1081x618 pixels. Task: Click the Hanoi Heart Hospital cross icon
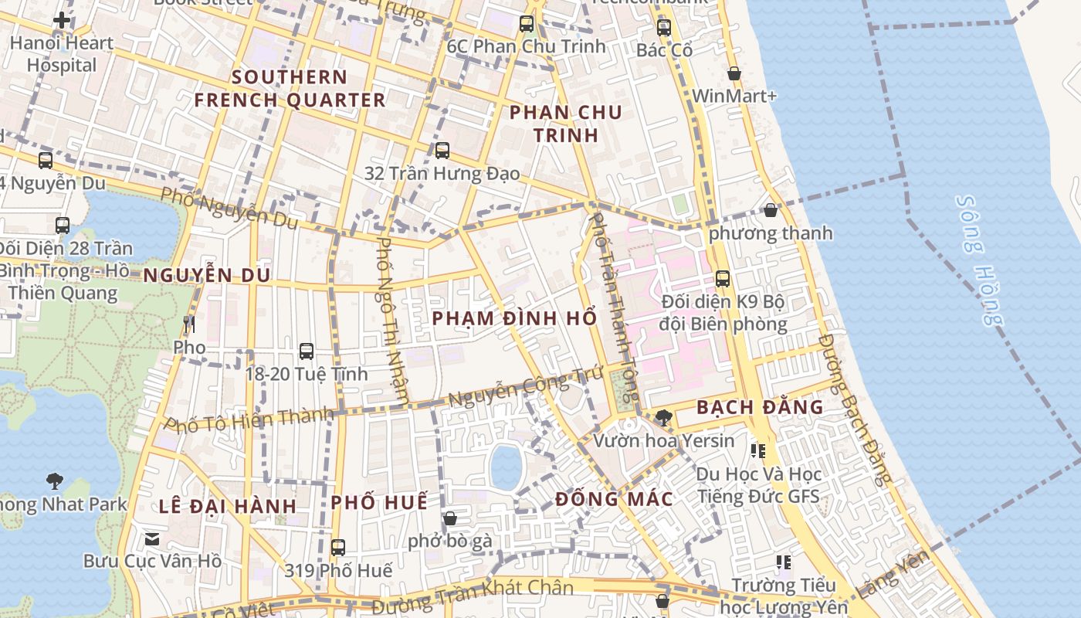[62, 20]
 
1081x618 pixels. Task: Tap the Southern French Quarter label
[290, 89]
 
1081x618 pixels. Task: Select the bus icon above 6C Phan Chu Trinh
[527, 24]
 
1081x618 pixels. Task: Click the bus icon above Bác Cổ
[664, 28]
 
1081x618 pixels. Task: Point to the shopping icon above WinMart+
[734, 73]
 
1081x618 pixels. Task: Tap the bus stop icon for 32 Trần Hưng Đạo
[442, 151]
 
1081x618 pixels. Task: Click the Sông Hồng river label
[979, 260]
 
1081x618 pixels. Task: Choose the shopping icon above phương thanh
[771, 209]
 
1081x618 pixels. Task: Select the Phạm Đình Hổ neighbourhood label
[514, 318]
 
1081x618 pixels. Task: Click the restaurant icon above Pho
[189, 324]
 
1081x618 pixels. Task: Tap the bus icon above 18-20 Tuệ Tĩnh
[307, 351]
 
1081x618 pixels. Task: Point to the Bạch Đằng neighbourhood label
[760, 407]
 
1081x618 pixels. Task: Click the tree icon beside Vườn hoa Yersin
[663, 418]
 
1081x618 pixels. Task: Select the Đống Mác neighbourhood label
[614, 499]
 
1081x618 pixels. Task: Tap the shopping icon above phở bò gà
[450, 518]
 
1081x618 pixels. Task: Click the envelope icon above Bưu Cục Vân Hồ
[152, 538]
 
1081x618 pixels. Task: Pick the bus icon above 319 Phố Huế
[338, 548]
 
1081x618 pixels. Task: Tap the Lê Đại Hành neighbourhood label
[228, 507]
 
